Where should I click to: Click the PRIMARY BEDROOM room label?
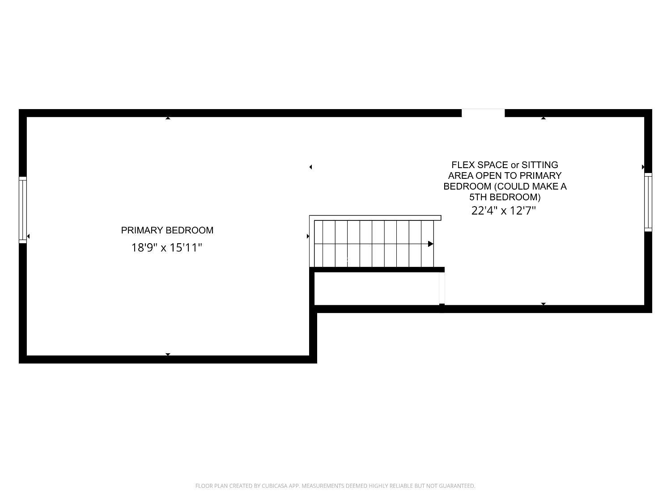coord(167,230)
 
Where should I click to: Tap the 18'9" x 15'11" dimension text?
coord(167,247)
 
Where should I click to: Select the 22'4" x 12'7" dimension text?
coord(504,211)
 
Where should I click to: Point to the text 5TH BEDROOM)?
coord(505,197)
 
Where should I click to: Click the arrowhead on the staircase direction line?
coord(431,244)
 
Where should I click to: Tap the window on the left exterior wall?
coord(23,210)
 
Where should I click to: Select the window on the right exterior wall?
coord(648,202)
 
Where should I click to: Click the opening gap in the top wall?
coord(483,113)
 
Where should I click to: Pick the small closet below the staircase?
coord(377,288)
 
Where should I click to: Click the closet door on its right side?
coord(442,288)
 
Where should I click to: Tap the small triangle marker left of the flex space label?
coord(310,167)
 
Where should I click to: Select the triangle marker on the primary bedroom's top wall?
coord(168,118)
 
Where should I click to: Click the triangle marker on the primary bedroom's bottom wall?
coord(168,354)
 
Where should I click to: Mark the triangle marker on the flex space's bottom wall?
coord(543,304)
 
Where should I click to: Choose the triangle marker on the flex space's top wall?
coord(543,118)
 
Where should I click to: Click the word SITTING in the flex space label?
coord(540,165)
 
